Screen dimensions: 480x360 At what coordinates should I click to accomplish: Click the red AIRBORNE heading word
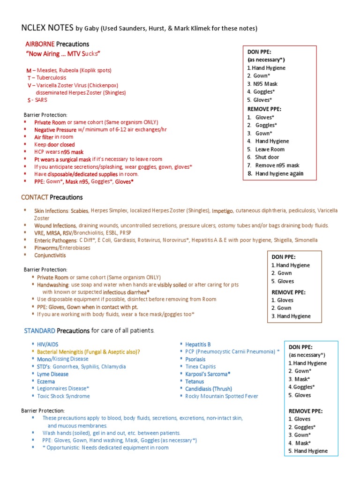[x=40, y=44]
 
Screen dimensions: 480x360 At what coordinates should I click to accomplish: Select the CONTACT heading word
[x=34, y=197]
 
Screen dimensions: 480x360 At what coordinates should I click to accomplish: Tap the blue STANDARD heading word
[x=40, y=331]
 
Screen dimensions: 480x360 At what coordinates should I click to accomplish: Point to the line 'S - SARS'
[x=37, y=100]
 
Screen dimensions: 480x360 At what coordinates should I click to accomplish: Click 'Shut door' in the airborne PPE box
[x=267, y=157]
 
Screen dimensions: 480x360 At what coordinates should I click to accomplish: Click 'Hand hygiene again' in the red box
[x=279, y=173]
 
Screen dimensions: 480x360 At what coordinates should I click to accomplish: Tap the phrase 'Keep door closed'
[x=54, y=145]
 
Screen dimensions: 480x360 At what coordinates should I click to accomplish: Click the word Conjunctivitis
[x=50, y=255]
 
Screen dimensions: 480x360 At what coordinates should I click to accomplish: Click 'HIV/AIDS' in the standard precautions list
[x=48, y=345]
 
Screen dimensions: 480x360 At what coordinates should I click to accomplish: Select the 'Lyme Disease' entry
[x=52, y=374]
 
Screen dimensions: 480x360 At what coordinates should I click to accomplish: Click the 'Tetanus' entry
[x=195, y=382]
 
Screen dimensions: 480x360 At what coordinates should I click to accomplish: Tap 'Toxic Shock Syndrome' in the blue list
[x=63, y=396]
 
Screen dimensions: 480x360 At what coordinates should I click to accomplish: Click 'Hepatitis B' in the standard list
[x=198, y=345]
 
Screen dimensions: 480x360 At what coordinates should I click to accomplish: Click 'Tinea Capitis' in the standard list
[x=201, y=367]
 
